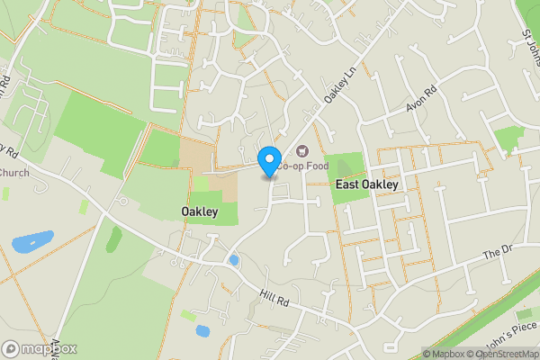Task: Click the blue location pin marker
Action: coord(268,161)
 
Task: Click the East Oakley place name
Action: coord(366,184)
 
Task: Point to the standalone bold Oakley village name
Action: coord(200,211)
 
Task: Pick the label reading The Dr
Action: coord(496,254)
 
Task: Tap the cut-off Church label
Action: coord(14,172)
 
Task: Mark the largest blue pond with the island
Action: coord(33,241)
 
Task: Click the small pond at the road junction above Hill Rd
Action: coord(234,260)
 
